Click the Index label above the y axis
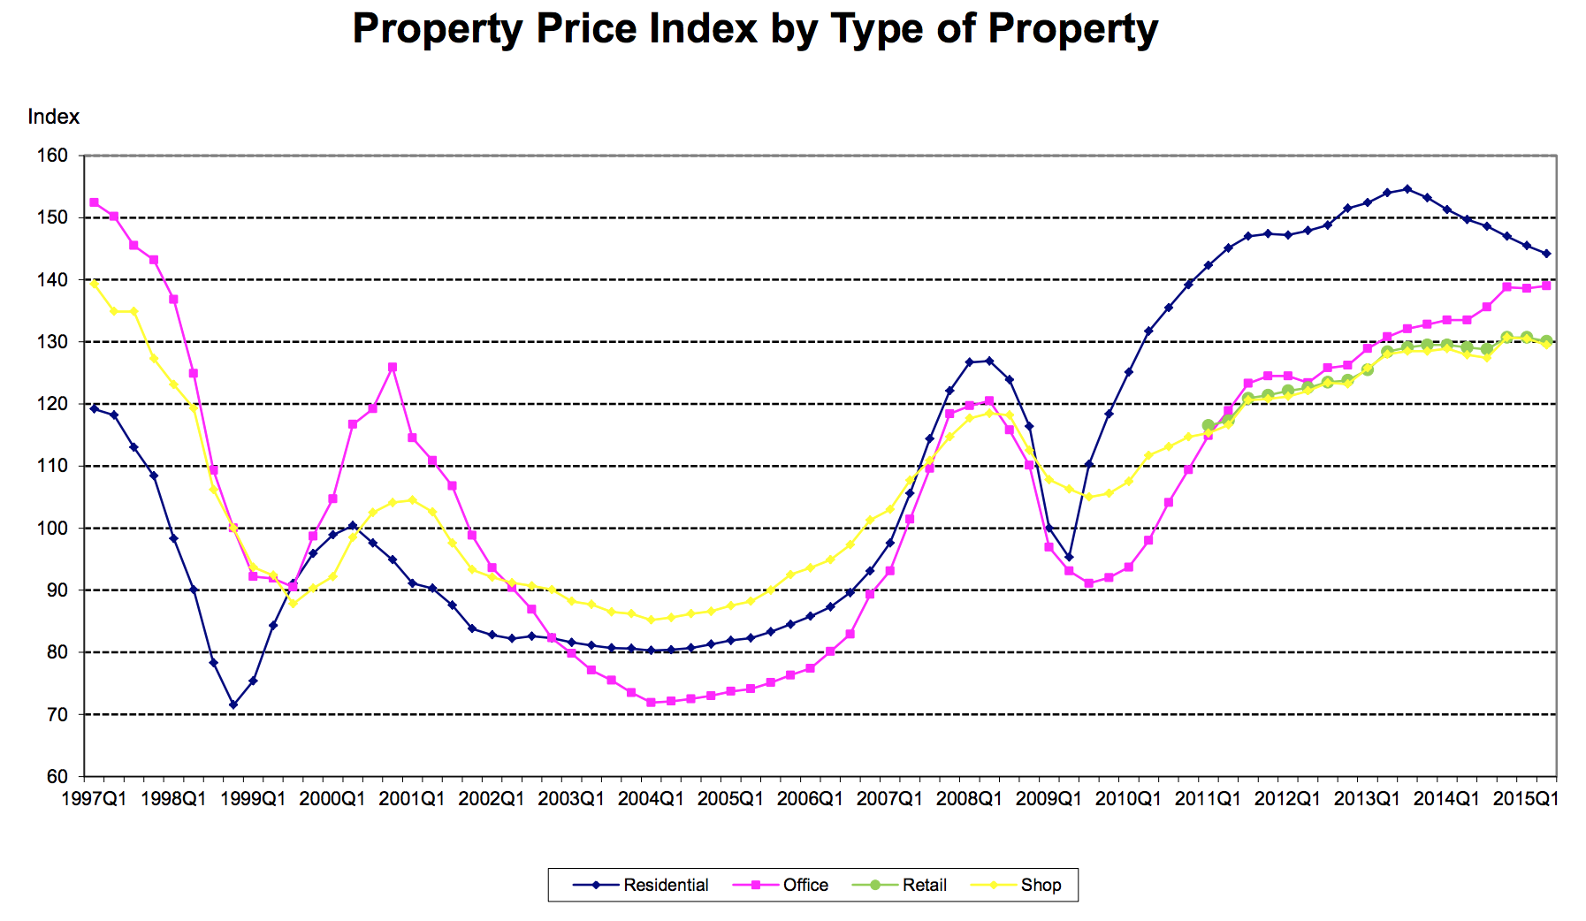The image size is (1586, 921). pyautogui.click(x=53, y=117)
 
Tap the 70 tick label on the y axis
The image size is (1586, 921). pyautogui.click(x=57, y=714)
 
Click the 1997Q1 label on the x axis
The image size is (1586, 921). pyautogui.click(x=94, y=799)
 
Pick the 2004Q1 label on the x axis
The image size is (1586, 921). pyautogui.click(x=651, y=799)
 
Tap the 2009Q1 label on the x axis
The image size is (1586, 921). pyautogui.click(x=1048, y=799)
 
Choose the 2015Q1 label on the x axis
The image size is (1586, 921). pyautogui.click(x=1526, y=799)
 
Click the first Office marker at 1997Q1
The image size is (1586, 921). pyautogui.click(x=94, y=202)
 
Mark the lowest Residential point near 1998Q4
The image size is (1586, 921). pyautogui.click(x=233, y=704)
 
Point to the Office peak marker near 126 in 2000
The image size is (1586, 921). pyautogui.click(x=393, y=367)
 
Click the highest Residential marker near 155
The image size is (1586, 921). pyautogui.click(x=1407, y=189)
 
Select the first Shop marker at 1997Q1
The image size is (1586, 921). pyautogui.click(x=94, y=284)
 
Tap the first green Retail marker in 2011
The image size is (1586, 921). pyautogui.click(x=1209, y=425)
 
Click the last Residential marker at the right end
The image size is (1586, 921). pyautogui.click(x=1546, y=254)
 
